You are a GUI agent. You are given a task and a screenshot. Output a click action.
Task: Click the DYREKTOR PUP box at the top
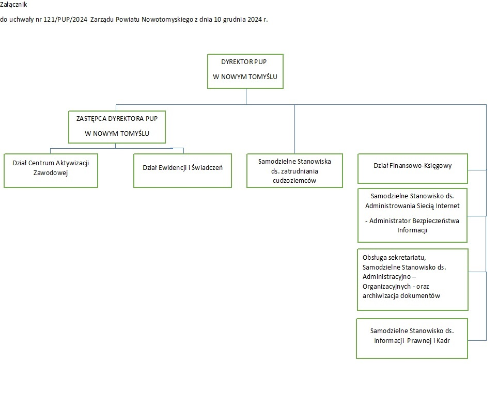245,71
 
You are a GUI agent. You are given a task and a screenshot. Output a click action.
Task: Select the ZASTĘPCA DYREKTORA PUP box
117,127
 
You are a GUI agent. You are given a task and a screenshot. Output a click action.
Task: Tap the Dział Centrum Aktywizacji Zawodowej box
51,171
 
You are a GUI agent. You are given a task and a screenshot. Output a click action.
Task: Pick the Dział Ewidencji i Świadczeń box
183,171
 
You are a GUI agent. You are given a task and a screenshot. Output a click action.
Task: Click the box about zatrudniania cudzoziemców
295,171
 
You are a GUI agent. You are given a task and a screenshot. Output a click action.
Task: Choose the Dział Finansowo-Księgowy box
413,168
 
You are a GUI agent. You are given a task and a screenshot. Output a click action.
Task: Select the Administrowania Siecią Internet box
412,215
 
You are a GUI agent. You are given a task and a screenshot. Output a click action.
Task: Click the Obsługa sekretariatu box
413,280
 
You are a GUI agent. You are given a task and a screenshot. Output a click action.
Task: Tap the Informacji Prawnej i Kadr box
412,338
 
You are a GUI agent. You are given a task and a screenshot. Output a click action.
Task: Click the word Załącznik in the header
13,5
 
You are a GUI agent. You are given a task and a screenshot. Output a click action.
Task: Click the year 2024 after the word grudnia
255,19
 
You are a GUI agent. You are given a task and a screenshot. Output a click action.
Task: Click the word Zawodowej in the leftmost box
51,173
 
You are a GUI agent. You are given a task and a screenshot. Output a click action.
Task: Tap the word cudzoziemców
294,181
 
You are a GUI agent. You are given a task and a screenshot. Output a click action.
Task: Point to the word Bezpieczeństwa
436,221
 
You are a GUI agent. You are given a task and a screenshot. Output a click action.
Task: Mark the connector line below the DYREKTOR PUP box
246,97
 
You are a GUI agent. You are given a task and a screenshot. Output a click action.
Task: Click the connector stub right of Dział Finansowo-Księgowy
477,170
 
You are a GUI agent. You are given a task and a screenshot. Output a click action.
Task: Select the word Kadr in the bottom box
443,341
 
